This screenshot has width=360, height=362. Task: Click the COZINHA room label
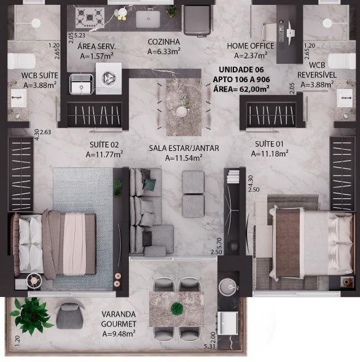(163, 42)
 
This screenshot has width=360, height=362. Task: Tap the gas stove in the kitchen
(90, 17)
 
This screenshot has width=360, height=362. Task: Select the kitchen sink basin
(148, 19)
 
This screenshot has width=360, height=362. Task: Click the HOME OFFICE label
(251, 46)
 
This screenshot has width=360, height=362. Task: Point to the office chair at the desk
(269, 33)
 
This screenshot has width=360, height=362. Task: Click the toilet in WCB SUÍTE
(22, 61)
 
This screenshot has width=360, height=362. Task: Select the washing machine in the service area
(109, 79)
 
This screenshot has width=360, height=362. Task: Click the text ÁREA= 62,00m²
(241, 88)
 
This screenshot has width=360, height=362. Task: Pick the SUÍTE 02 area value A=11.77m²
(104, 154)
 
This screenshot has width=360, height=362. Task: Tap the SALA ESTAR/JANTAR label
(184, 148)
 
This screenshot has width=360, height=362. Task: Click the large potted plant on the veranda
(31, 315)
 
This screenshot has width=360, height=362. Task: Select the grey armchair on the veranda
(69, 314)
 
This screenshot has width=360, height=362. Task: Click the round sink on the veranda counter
(228, 287)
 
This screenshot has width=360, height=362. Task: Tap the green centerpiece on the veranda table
(177, 308)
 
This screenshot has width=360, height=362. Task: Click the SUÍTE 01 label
(269, 144)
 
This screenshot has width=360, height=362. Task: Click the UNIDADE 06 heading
(241, 69)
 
